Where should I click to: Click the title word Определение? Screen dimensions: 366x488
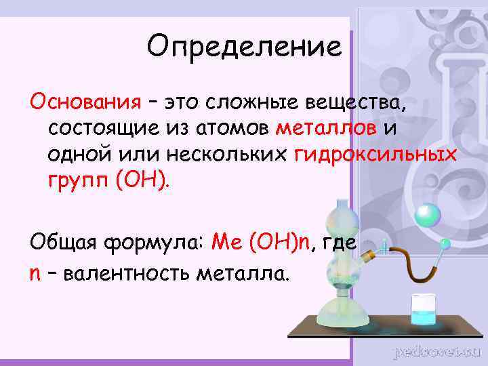[x=244, y=47]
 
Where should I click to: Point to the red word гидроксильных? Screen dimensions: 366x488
[x=376, y=155]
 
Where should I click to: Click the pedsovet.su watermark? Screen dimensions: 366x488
[x=436, y=351]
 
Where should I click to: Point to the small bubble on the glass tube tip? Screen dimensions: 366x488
[x=445, y=242]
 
